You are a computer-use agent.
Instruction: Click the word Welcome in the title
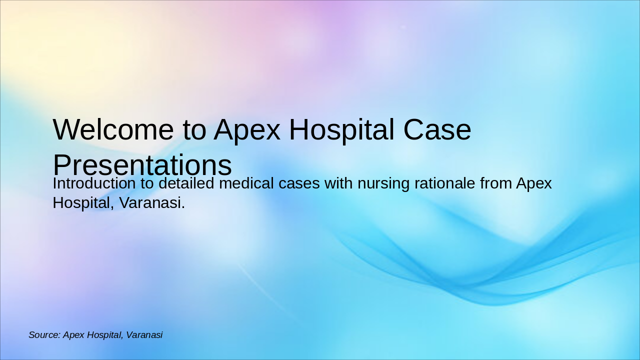[x=113, y=129]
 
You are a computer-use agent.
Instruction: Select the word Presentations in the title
[x=142, y=165]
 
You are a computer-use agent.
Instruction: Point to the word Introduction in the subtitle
[x=94, y=183]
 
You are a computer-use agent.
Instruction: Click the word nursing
[x=384, y=183]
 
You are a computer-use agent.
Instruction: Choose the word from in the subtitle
[x=496, y=183]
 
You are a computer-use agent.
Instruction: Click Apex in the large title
[x=247, y=129]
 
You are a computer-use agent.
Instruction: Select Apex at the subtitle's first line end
[x=534, y=183]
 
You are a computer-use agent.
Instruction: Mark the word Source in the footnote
[x=44, y=335]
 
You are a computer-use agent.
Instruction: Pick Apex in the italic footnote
[x=73, y=335]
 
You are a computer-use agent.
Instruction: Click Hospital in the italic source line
[x=104, y=335]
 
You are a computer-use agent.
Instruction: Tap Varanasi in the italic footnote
[x=144, y=335]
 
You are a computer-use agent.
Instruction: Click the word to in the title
[x=194, y=129]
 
